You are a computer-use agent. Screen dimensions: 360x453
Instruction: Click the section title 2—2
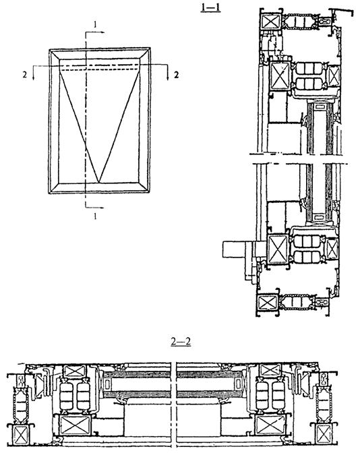[181, 342]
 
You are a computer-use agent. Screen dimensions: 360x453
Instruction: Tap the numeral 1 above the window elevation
[95, 25]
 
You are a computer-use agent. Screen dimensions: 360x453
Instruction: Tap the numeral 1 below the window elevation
[95, 216]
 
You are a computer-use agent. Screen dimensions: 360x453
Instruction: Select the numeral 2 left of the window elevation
[25, 75]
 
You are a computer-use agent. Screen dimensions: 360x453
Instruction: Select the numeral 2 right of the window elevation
[176, 75]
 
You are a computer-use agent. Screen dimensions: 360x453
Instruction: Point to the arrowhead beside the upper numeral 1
[101, 32]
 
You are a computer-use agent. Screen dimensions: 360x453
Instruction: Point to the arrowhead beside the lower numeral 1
[101, 207]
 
